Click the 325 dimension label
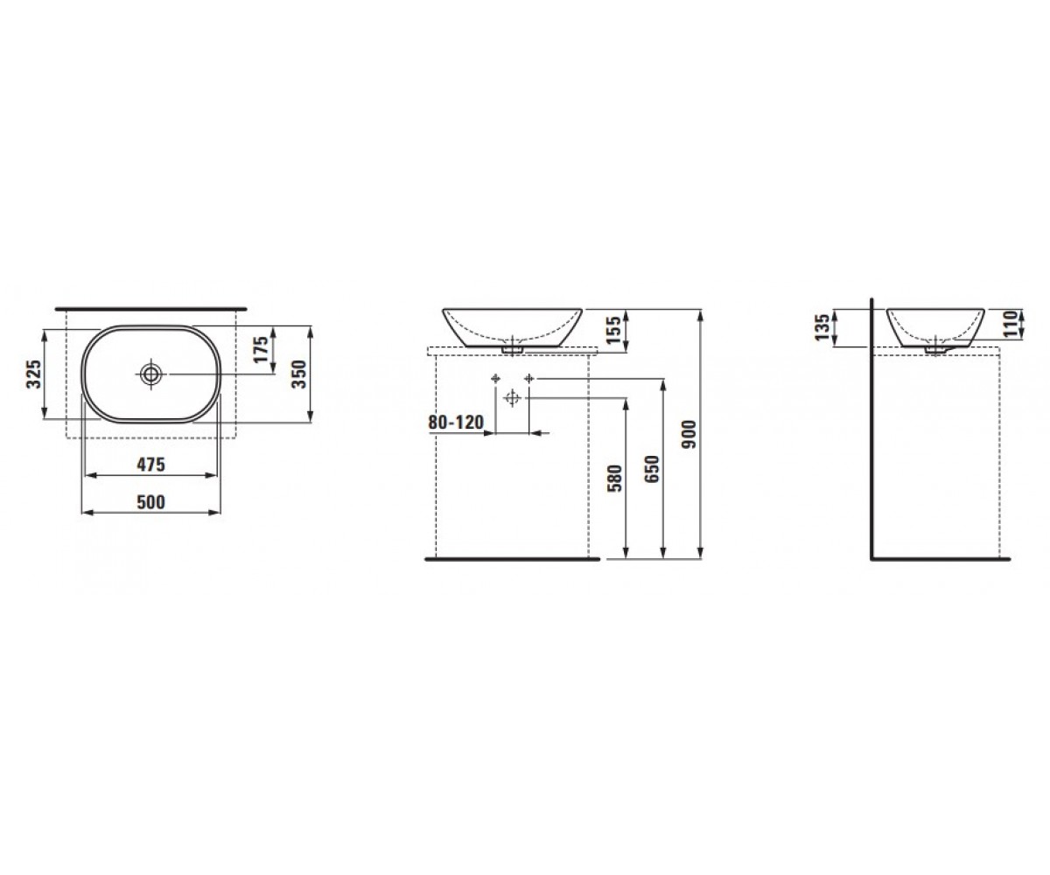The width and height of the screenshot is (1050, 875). [x=34, y=374]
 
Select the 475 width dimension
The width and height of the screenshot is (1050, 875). [x=150, y=465]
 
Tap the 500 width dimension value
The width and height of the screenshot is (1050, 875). [x=150, y=502]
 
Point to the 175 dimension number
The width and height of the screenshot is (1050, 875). [x=261, y=349]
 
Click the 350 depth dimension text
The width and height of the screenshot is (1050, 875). [x=299, y=374]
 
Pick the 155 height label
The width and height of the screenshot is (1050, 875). [x=613, y=330]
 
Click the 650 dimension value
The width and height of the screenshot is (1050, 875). [x=651, y=469]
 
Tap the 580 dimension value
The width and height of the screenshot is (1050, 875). [x=614, y=479]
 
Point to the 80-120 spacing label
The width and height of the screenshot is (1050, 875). [x=456, y=423]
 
